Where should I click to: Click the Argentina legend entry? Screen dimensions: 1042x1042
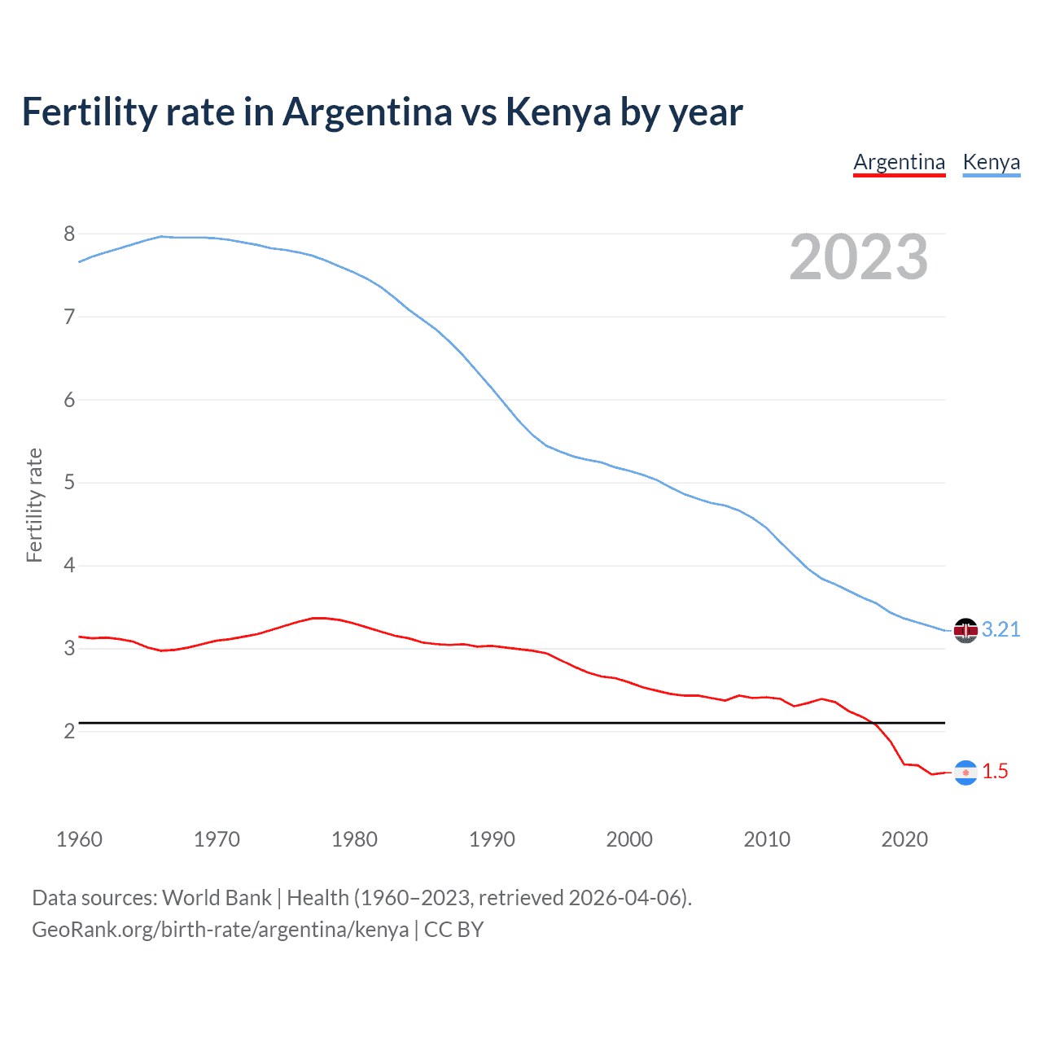pos(899,162)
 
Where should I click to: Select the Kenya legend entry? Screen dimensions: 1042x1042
pos(991,162)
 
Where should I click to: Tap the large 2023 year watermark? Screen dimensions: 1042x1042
pos(858,257)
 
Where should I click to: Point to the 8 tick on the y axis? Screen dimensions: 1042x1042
pos(69,234)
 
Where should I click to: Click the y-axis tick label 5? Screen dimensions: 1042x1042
pos(69,483)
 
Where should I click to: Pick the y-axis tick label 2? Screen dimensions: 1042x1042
pos(69,731)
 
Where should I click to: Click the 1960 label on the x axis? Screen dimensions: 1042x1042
pos(79,839)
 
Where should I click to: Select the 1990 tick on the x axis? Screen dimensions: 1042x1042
pos(492,839)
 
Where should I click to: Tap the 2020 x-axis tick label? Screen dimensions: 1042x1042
pos(904,839)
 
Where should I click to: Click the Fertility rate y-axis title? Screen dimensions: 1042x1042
pos(34,505)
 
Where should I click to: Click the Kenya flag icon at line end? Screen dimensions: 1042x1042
pos(965,630)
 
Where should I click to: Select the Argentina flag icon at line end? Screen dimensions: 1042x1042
pos(965,772)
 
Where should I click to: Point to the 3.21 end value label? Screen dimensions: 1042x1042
pos(1000,629)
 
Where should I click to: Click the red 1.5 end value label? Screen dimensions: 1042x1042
pos(995,771)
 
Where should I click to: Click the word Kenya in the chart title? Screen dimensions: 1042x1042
pos(558,112)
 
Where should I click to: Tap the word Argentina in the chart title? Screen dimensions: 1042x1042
pos(367,112)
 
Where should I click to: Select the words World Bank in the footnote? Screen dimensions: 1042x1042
pos(217,898)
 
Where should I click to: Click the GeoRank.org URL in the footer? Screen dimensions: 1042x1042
pos(220,930)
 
